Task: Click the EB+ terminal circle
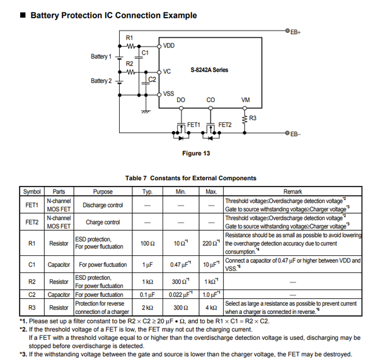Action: (x=287, y=31)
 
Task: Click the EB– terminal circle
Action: (x=287, y=132)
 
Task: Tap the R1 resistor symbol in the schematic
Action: (x=130, y=46)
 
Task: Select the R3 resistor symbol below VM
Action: (x=244, y=119)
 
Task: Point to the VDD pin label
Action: (x=169, y=45)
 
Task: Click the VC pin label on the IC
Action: (x=167, y=71)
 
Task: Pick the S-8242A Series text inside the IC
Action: (x=209, y=70)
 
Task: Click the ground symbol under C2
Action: (x=146, y=112)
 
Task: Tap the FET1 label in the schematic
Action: (x=193, y=125)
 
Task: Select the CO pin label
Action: (x=210, y=100)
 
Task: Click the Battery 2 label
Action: (x=101, y=81)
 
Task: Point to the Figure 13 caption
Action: (x=196, y=153)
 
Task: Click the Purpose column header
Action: (x=103, y=192)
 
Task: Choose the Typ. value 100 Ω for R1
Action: (x=147, y=243)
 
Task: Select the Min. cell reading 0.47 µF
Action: (x=180, y=265)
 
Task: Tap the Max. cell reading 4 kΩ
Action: (x=211, y=308)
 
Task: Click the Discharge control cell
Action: (x=103, y=205)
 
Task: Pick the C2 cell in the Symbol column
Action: (x=32, y=294)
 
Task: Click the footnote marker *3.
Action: (x=23, y=354)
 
